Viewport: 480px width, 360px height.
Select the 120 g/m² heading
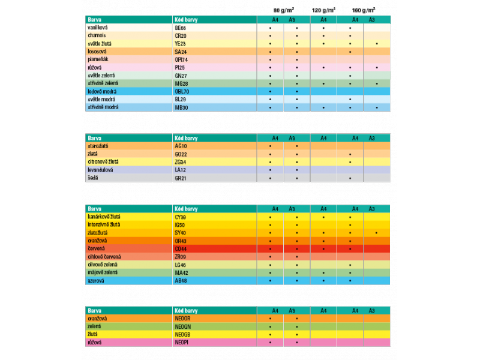coord(323,10)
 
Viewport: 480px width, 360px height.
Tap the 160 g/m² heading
coord(364,10)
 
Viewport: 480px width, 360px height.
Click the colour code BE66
coord(180,28)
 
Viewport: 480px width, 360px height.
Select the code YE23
coord(180,44)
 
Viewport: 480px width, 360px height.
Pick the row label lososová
coord(97,52)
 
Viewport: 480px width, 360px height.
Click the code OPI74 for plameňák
coord(181,59)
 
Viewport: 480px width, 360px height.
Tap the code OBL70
coord(182,91)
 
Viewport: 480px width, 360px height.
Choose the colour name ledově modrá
coord(101,91)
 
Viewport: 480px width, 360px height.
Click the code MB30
coord(181,107)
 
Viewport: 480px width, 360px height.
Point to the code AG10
coord(181,146)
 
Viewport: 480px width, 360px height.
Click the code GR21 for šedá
coord(181,178)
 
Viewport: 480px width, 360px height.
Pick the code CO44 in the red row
coord(181,248)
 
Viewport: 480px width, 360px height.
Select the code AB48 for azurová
coord(181,280)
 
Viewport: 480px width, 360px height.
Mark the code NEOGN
coord(182,327)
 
